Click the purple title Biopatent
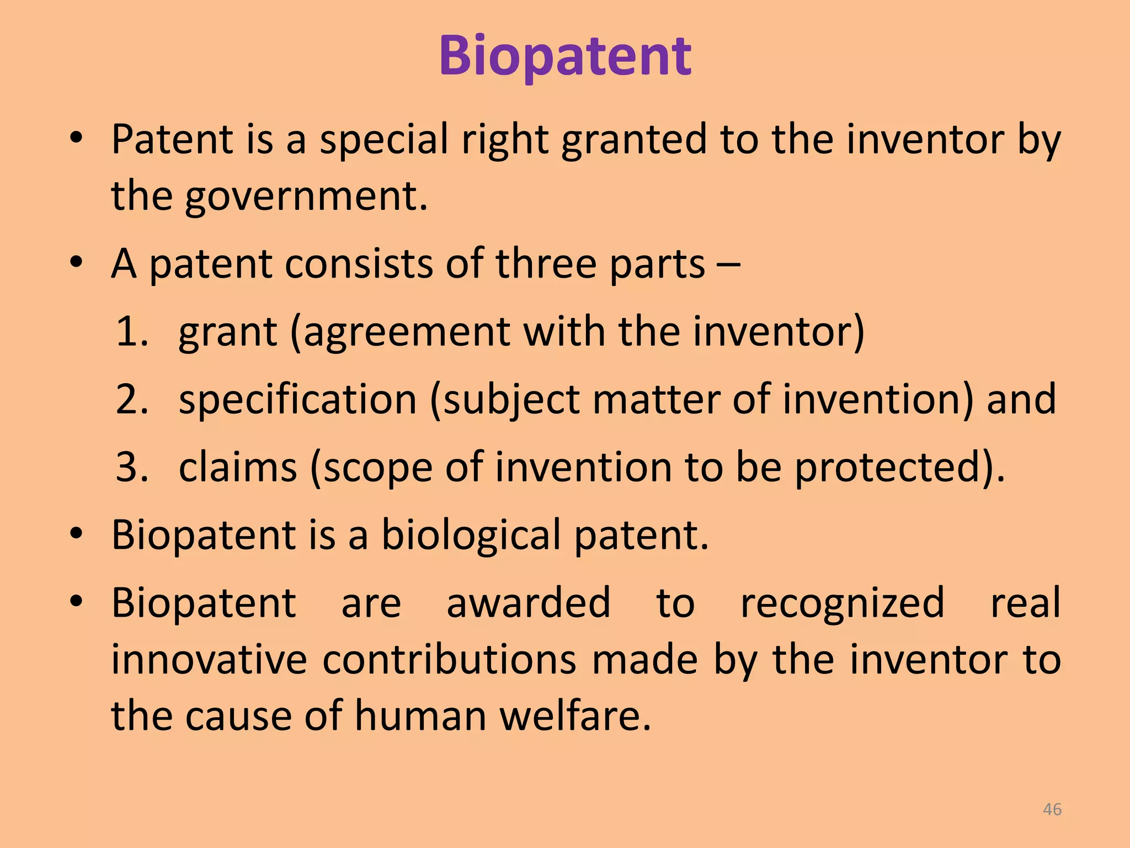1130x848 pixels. coord(564,56)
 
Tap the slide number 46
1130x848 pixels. coord(1052,809)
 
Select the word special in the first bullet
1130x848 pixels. coord(384,139)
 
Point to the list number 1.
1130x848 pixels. coord(131,332)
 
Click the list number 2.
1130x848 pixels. coord(131,400)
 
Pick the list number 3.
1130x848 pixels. coord(131,468)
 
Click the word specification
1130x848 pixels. coord(297,400)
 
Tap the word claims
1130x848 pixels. coord(238,468)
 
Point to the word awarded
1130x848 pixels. coord(528,603)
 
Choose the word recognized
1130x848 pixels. coord(842,603)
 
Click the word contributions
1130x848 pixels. coord(449,660)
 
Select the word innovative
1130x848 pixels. coord(209,660)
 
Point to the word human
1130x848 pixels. coord(420,716)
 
